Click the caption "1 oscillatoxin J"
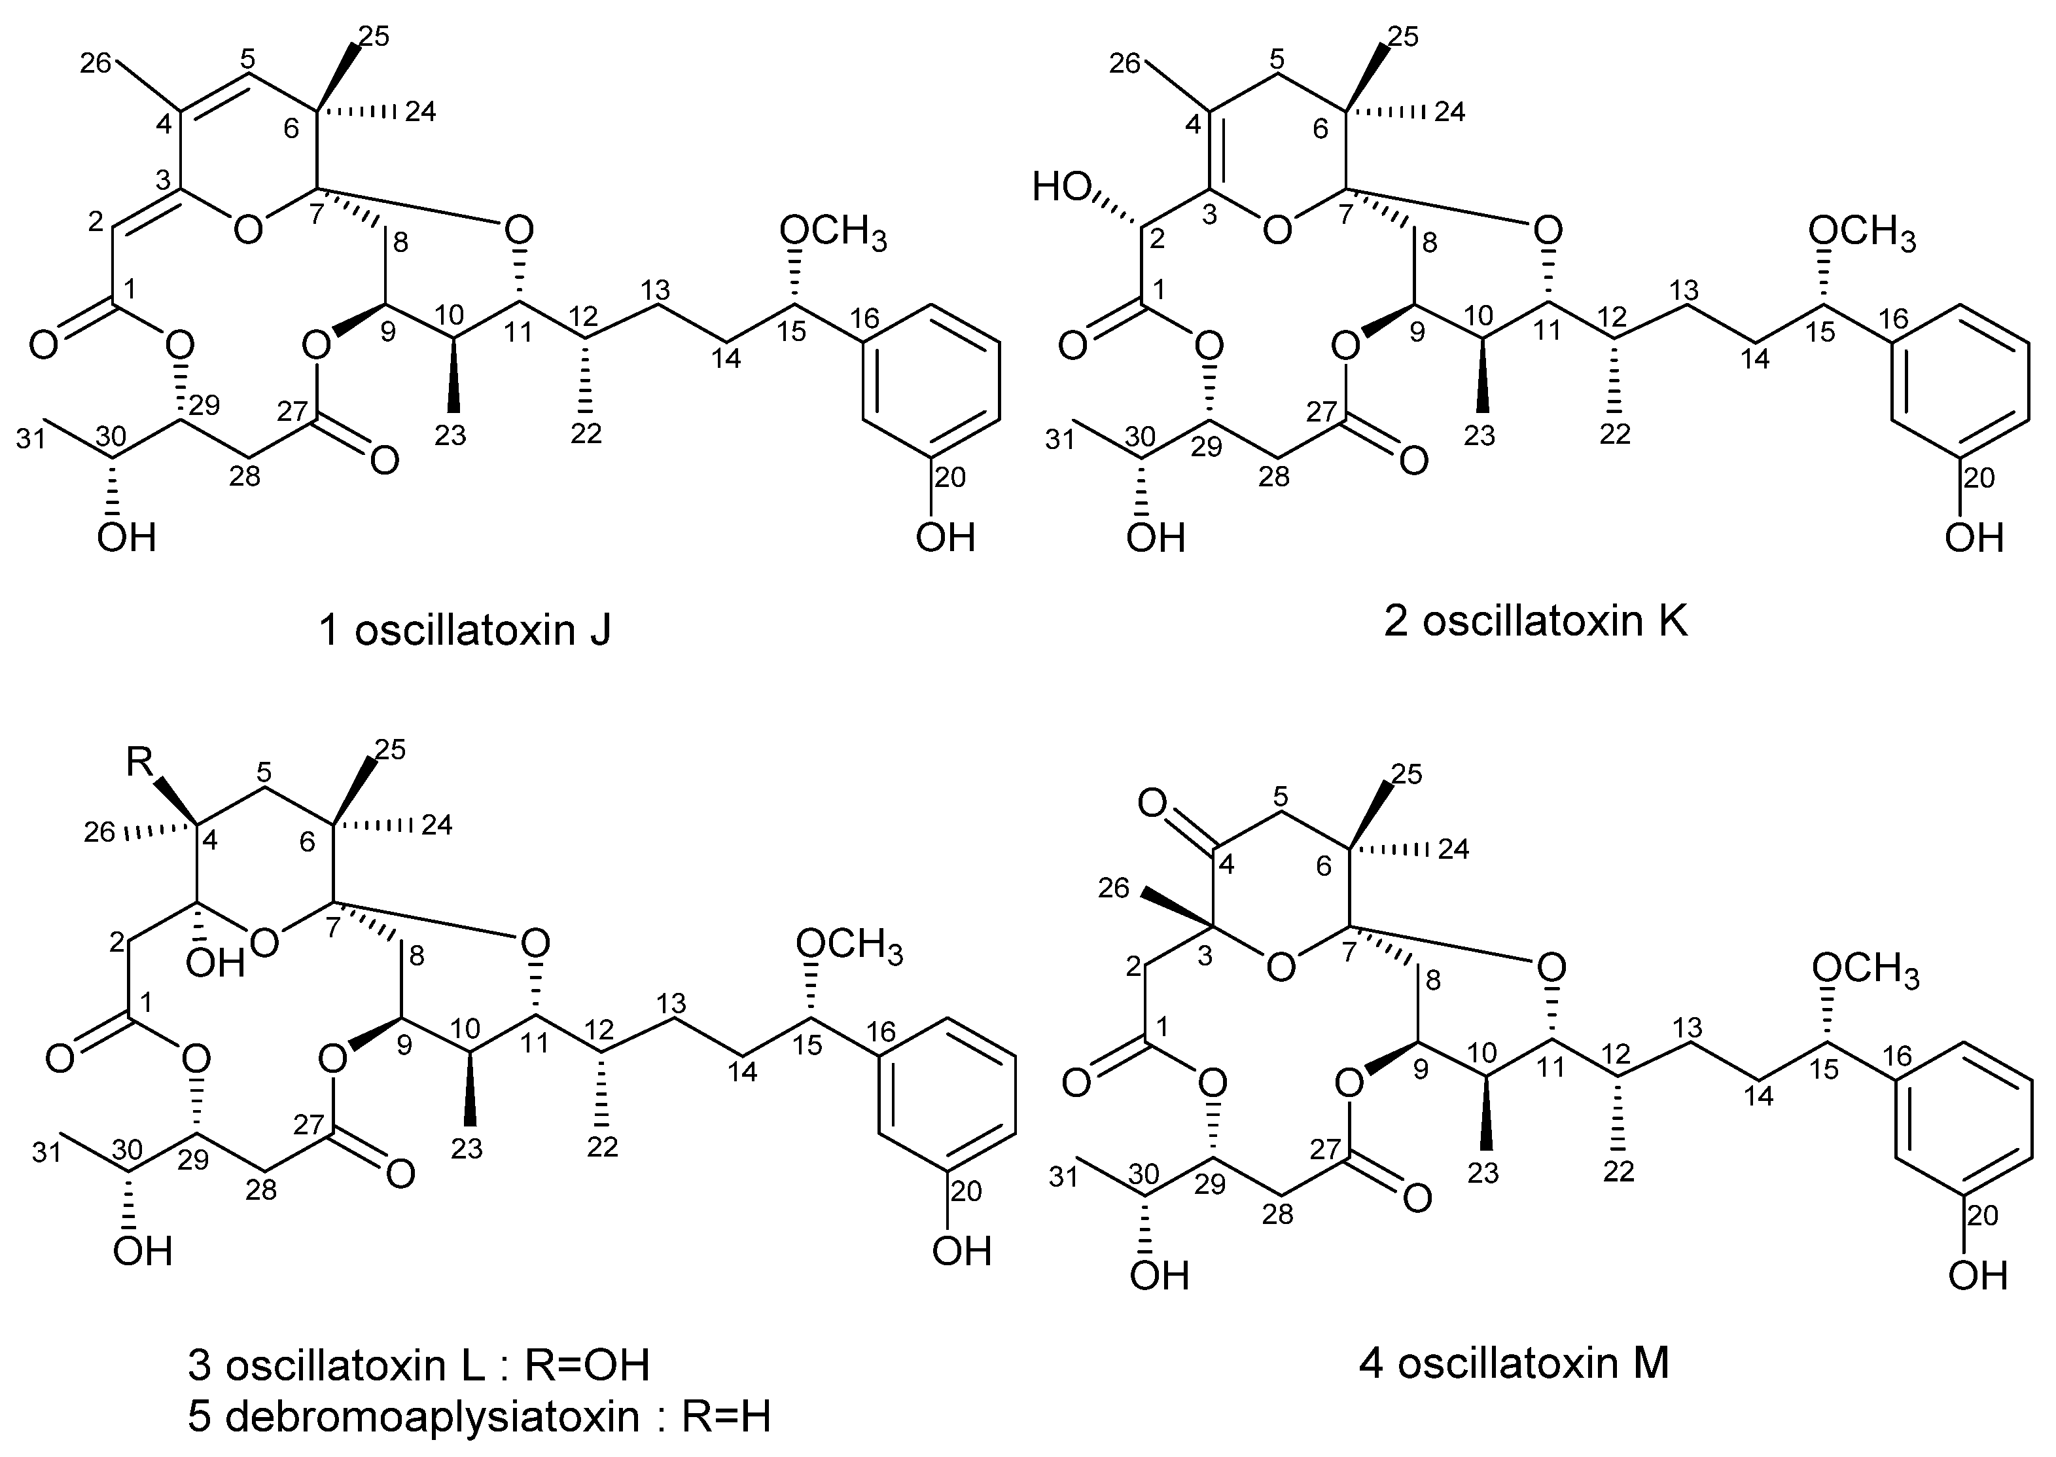click(465, 631)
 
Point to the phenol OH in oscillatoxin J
click(945, 538)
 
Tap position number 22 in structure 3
click(602, 1147)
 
